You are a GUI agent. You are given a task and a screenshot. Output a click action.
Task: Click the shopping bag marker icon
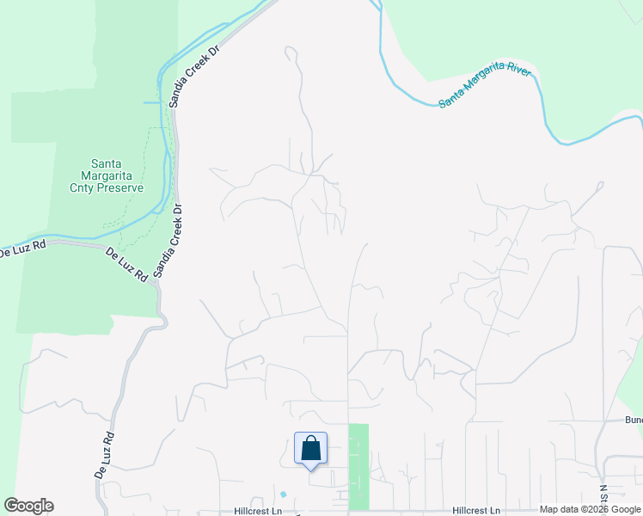310,450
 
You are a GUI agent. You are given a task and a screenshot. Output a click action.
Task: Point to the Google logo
28,506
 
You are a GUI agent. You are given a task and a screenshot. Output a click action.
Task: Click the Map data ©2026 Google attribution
589,509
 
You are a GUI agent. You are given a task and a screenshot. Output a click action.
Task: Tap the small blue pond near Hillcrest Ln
283,494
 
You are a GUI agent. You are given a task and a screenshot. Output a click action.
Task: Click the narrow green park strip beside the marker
358,464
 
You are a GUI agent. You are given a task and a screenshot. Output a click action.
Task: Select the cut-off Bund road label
634,421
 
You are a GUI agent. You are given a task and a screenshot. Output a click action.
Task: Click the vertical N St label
603,497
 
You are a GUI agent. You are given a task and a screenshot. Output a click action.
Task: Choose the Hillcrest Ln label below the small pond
258,511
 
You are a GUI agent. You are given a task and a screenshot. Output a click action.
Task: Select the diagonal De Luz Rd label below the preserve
126,267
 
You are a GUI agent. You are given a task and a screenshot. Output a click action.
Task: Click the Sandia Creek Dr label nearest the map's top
195,76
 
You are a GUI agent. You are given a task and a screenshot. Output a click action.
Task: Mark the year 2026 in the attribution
599,509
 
